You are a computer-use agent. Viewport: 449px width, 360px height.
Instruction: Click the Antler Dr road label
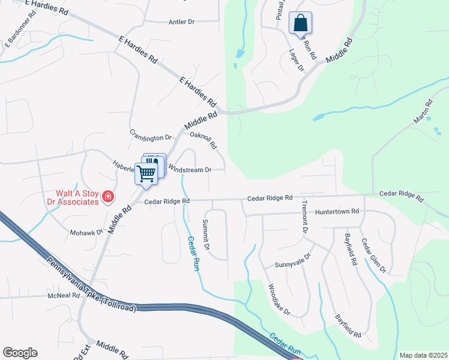[183, 22]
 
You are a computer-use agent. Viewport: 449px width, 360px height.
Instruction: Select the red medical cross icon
[108, 196]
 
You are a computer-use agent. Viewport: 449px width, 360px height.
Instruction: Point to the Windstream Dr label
[190, 170]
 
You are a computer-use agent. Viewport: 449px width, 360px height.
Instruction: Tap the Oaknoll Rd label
[203, 141]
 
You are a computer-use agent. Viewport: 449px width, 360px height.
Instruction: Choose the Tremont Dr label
[304, 217]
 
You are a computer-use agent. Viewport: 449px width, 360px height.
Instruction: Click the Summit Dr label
[206, 235]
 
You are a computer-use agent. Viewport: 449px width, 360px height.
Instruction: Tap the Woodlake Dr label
[279, 300]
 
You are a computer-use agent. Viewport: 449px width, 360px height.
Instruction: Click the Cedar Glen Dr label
[373, 256]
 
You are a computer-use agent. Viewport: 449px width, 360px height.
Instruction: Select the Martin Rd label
[423, 112]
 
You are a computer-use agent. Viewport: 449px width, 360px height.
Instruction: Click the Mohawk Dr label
[86, 232]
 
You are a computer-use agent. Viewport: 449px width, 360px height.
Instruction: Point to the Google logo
[20, 353]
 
